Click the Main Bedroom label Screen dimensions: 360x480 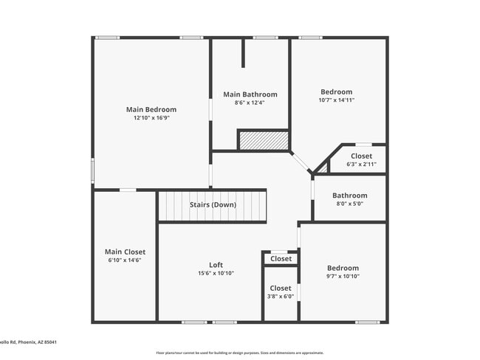(151, 109)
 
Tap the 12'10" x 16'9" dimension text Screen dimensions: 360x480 (151, 117)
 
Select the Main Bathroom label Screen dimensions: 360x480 (250, 94)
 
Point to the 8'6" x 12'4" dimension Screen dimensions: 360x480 (250, 103)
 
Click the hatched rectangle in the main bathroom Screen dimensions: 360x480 (262, 140)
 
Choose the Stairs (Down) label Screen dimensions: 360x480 (213, 204)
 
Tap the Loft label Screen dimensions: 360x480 (216, 265)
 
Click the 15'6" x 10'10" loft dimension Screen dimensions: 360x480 (216, 274)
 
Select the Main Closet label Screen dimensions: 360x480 (125, 252)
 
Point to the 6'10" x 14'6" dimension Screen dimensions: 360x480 (125, 260)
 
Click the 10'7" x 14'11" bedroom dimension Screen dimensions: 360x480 (337, 100)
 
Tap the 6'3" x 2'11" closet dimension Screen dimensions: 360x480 (361, 164)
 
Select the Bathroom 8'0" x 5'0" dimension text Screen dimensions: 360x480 (349, 204)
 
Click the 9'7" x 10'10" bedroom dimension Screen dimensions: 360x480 (343, 276)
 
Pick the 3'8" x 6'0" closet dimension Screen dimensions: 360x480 (281, 297)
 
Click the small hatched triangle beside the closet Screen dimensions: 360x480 (323, 168)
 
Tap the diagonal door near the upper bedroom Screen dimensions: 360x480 (301, 162)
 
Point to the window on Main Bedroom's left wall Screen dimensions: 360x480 (92, 170)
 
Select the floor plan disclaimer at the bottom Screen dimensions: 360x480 (239, 353)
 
